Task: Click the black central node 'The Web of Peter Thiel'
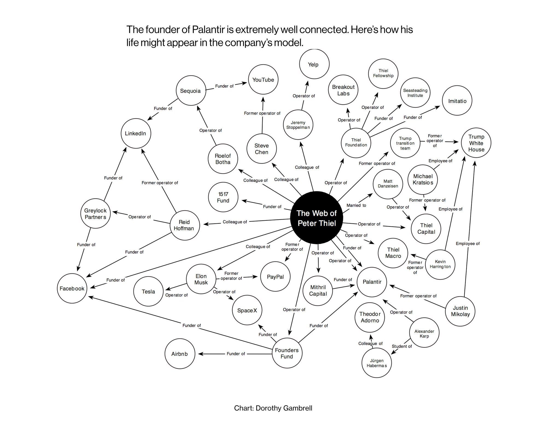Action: (316, 218)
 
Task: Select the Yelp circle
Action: (314, 64)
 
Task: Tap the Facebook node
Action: (72, 288)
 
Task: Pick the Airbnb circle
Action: (180, 354)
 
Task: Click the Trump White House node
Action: (476, 143)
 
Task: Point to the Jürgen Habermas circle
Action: (377, 363)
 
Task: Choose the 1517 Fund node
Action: (223, 197)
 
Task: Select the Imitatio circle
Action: (457, 101)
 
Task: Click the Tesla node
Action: (148, 292)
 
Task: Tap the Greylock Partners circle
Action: (95, 214)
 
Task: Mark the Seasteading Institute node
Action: (415, 93)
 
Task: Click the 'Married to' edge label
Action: (356, 205)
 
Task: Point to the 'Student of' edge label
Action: (401, 346)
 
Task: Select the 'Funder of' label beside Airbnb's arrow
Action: (236, 354)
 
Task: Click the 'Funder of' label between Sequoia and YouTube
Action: (224, 86)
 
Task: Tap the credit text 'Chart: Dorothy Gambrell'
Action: (273, 408)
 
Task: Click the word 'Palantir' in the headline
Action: (208, 30)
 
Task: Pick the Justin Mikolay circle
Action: (460, 311)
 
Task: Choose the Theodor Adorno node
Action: (370, 317)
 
